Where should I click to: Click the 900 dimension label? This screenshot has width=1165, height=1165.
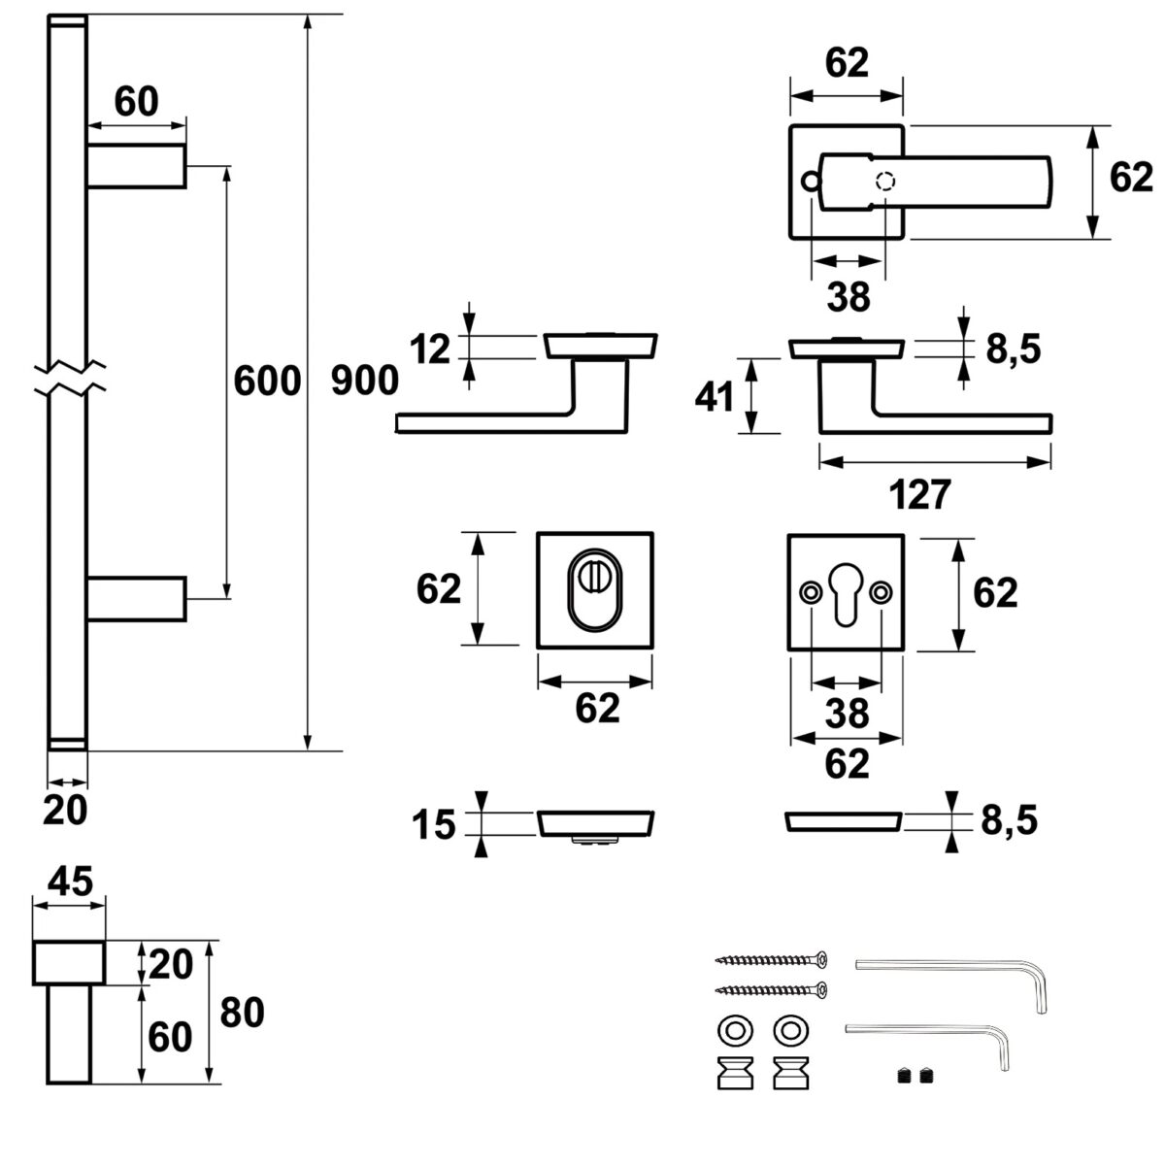click(x=365, y=381)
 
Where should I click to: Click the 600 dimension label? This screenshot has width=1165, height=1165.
click(x=267, y=381)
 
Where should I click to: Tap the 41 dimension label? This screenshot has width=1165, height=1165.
click(x=715, y=396)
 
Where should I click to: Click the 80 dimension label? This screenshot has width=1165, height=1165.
click(x=243, y=1013)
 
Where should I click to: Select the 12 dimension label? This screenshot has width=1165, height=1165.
click(x=429, y=349)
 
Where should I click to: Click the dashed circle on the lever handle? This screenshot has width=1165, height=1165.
click(x=885, y=182)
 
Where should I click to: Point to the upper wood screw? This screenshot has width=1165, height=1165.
click(x=773, y=960)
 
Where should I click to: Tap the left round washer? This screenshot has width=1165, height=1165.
click(x=731, y=1030)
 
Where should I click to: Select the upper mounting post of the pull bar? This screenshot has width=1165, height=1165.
click(x=136, y=166)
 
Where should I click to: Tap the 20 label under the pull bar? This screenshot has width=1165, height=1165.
click(x=66, y=811)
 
